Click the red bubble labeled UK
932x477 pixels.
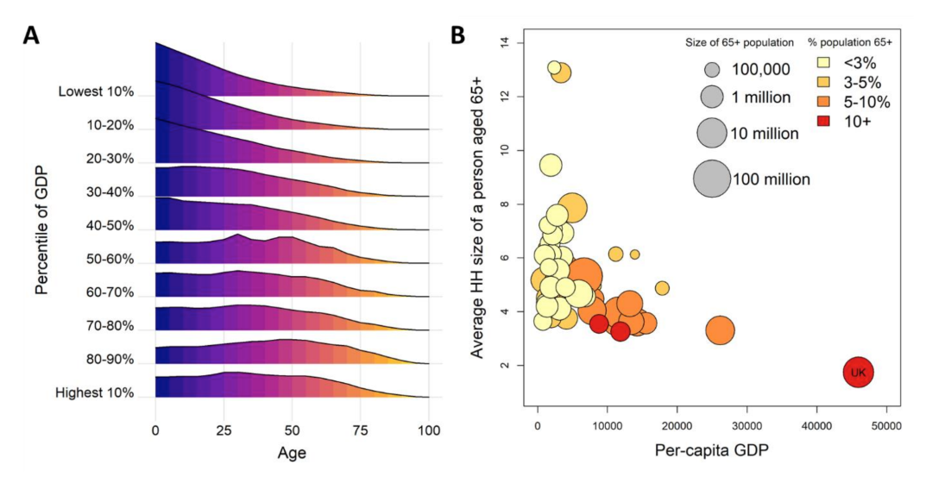point(858,373)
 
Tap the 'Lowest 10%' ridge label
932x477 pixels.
point(97,91)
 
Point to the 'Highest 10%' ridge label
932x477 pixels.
point(96,392)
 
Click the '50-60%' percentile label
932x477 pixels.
point(110,259)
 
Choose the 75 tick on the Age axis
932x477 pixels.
point(361,430)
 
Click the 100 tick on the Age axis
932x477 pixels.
point(429,430)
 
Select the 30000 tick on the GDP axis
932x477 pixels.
point(746,426)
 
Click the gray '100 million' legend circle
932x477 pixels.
point(712,179)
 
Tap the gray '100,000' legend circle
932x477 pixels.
point(712,69)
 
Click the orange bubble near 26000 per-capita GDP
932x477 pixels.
point(720,330)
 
